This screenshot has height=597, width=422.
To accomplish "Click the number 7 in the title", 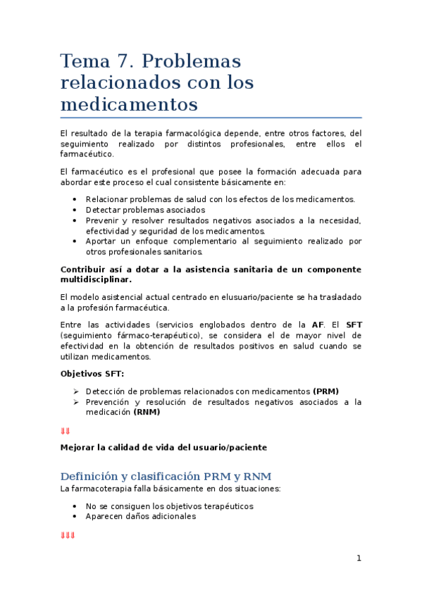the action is pos(117,61).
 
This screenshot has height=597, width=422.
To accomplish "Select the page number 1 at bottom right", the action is pos(359,558).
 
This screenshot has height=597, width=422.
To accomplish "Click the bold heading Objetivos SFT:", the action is pos(92,373).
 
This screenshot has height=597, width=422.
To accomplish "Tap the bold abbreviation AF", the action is pos(318,325).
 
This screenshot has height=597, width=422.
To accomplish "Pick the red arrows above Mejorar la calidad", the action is pos(65,431).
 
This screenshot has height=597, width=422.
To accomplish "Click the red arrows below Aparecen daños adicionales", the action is pos(68,536).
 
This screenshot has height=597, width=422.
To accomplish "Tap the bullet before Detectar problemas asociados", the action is pos(75,210).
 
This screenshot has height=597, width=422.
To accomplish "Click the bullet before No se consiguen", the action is pos(75,505).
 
